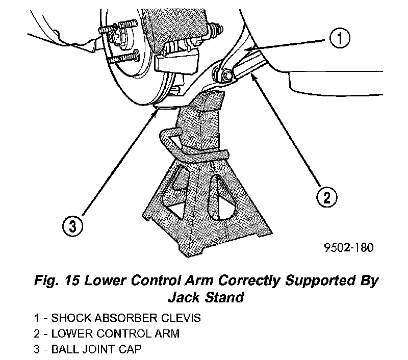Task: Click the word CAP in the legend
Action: point(127,350)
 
